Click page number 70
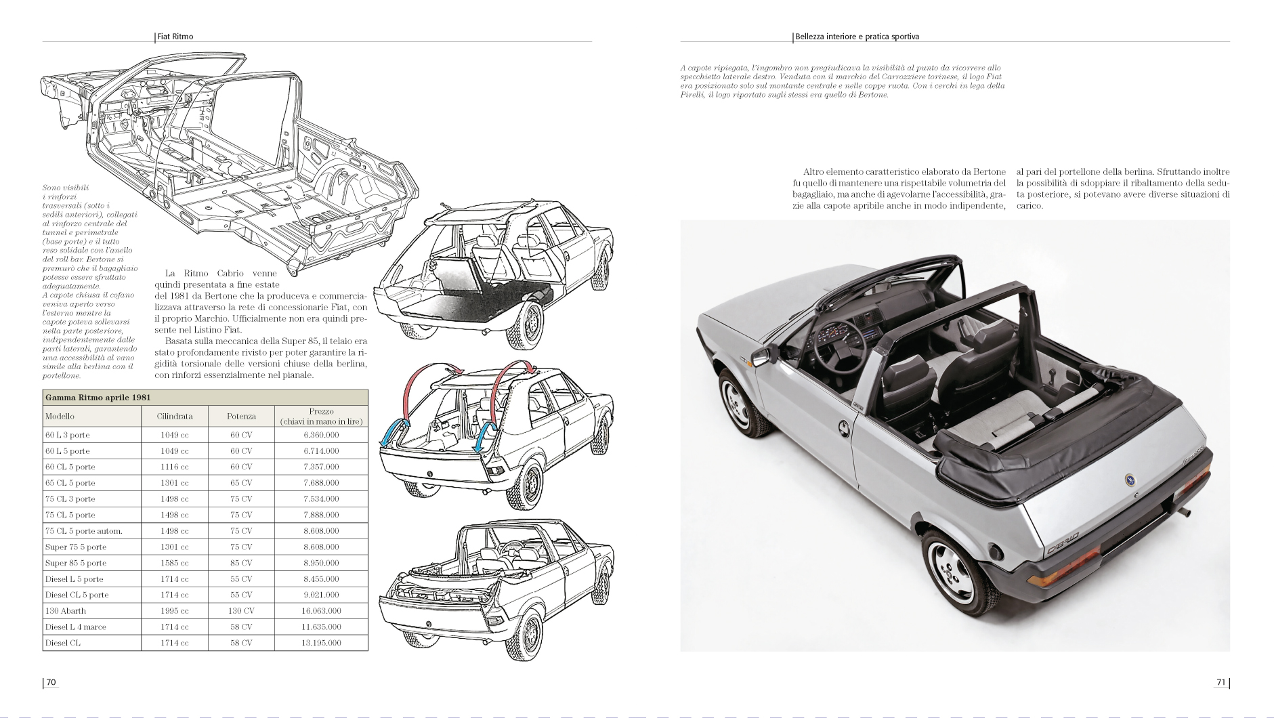51,682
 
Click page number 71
1221,682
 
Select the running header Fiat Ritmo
175,37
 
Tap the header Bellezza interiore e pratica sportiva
857,37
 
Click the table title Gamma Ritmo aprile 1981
98,398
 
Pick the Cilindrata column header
175,416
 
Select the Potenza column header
241,416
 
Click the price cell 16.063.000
321,611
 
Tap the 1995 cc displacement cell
175,611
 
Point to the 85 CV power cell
241,563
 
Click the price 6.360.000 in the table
321,435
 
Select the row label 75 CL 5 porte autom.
84,531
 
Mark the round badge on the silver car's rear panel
1130,480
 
